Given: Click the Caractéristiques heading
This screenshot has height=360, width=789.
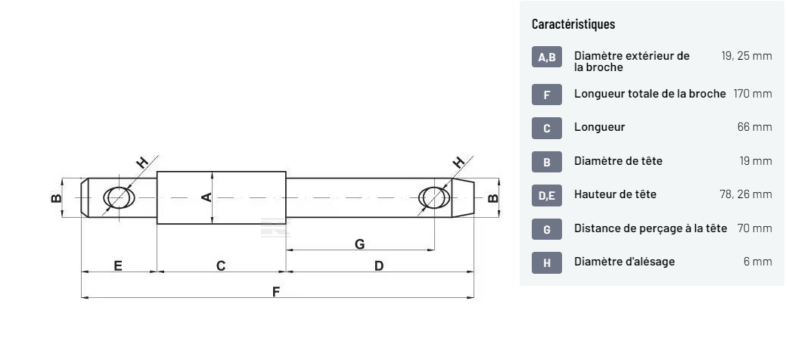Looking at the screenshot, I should (573, 24).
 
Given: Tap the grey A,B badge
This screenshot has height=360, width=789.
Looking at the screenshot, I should (546, 57).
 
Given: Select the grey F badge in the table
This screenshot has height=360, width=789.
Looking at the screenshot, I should (546, 95).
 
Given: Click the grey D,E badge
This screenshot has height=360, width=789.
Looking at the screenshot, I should (546, 195).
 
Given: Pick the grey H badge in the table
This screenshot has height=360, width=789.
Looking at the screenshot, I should (546, 262).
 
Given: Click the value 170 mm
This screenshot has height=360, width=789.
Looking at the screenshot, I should (752, 94).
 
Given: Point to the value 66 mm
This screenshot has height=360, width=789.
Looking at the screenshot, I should (754, 127).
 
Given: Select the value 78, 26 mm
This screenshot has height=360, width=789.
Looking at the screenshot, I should (745, 194).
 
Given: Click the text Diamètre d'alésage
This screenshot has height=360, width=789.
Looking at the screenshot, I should (624, 262).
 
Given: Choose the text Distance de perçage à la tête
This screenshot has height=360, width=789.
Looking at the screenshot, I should (651, 228).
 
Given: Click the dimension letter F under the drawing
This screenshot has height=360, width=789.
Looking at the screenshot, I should (276, 292).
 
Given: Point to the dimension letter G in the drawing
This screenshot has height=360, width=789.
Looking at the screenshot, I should (359, 244).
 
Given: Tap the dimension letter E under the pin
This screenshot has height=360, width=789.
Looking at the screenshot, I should (118, 265).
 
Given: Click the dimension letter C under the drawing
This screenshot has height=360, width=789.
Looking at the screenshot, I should (220, 265).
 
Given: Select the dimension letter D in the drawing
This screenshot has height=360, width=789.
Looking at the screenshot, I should (378, 265).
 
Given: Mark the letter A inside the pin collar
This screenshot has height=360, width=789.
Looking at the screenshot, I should (206, 197).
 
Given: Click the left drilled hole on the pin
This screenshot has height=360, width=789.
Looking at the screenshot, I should (119, 197).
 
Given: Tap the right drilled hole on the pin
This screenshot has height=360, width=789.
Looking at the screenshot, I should (433, 197).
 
